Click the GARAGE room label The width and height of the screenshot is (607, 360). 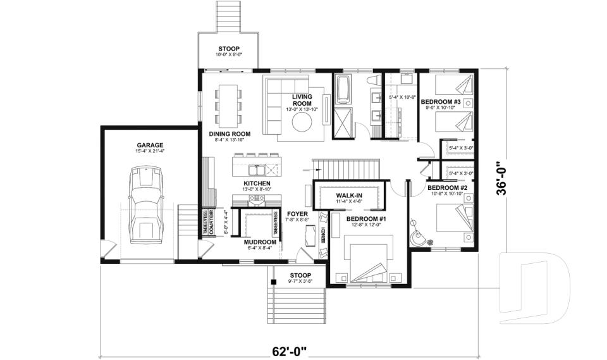point(150,144)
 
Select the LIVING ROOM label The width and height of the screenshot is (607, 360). point(302,100)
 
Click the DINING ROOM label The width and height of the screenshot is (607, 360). point(230,134)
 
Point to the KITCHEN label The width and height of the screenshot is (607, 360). point(257,183)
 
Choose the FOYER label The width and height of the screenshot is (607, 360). point(297,214)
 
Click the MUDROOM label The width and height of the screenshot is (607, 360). point(261,242)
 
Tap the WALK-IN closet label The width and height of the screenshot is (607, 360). point(348,196)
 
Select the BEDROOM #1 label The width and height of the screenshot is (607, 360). point(366,218)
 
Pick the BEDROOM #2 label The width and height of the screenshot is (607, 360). point(446,188)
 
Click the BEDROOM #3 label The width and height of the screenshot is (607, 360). point(440,102)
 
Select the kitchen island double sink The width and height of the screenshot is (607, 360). point(257,170)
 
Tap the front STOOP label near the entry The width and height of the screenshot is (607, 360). point(300,275)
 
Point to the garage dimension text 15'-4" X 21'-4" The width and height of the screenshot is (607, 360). point(150,151)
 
